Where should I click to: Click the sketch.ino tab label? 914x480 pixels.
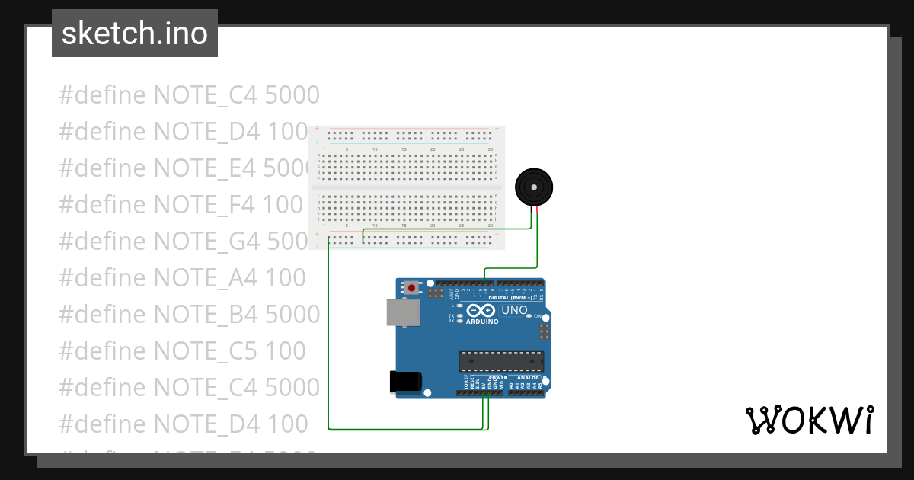(x=135, y=34)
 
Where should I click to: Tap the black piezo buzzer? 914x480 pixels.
(x=534, y=187)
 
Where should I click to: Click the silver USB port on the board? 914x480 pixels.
(x=401, y=312)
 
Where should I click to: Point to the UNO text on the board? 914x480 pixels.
(x=514, y=311)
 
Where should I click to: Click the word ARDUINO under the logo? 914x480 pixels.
(x=483, y=322)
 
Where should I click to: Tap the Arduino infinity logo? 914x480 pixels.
(x=481, y=310)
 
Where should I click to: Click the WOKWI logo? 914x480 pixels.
(x=809, y=420)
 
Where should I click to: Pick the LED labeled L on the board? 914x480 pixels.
(x=460, y=305)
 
